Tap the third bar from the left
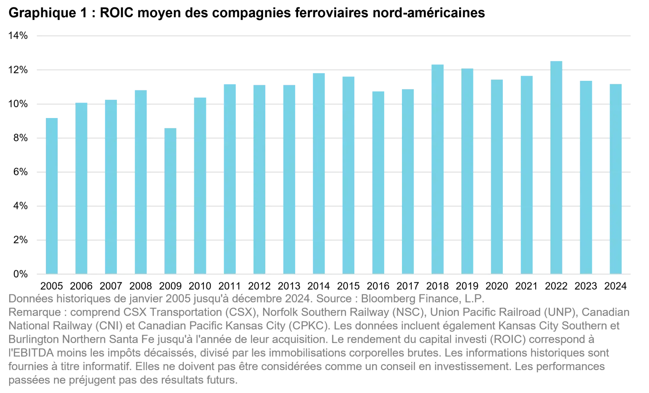pyautogui.click(x=111, y=186)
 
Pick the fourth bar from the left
pyautogui.click(x=140, y=182)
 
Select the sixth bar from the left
pyautogui.click(x=200, y=185)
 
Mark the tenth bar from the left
pyautogui.click(x=318, y=173)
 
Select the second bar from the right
pyautogui.click(x=587, y=177)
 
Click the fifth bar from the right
pyautogui.click(x=497, y=177)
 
